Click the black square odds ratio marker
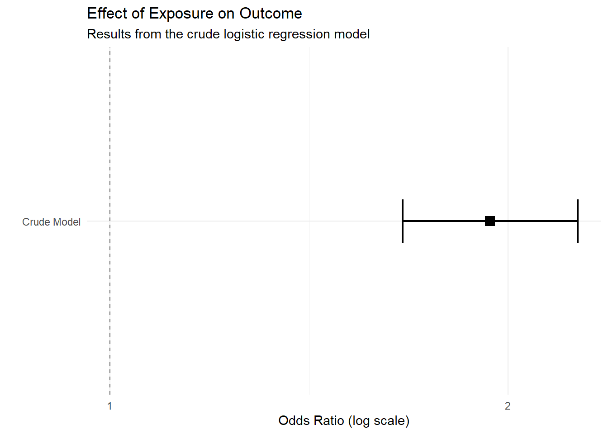point(489,221)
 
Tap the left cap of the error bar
point(403,221)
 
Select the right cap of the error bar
point(578,221)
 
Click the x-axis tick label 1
point(109,406)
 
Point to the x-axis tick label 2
point(508,406)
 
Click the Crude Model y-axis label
point(51,222)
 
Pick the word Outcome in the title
point(271,14)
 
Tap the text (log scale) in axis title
point(379,420)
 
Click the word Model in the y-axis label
point(68,222)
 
